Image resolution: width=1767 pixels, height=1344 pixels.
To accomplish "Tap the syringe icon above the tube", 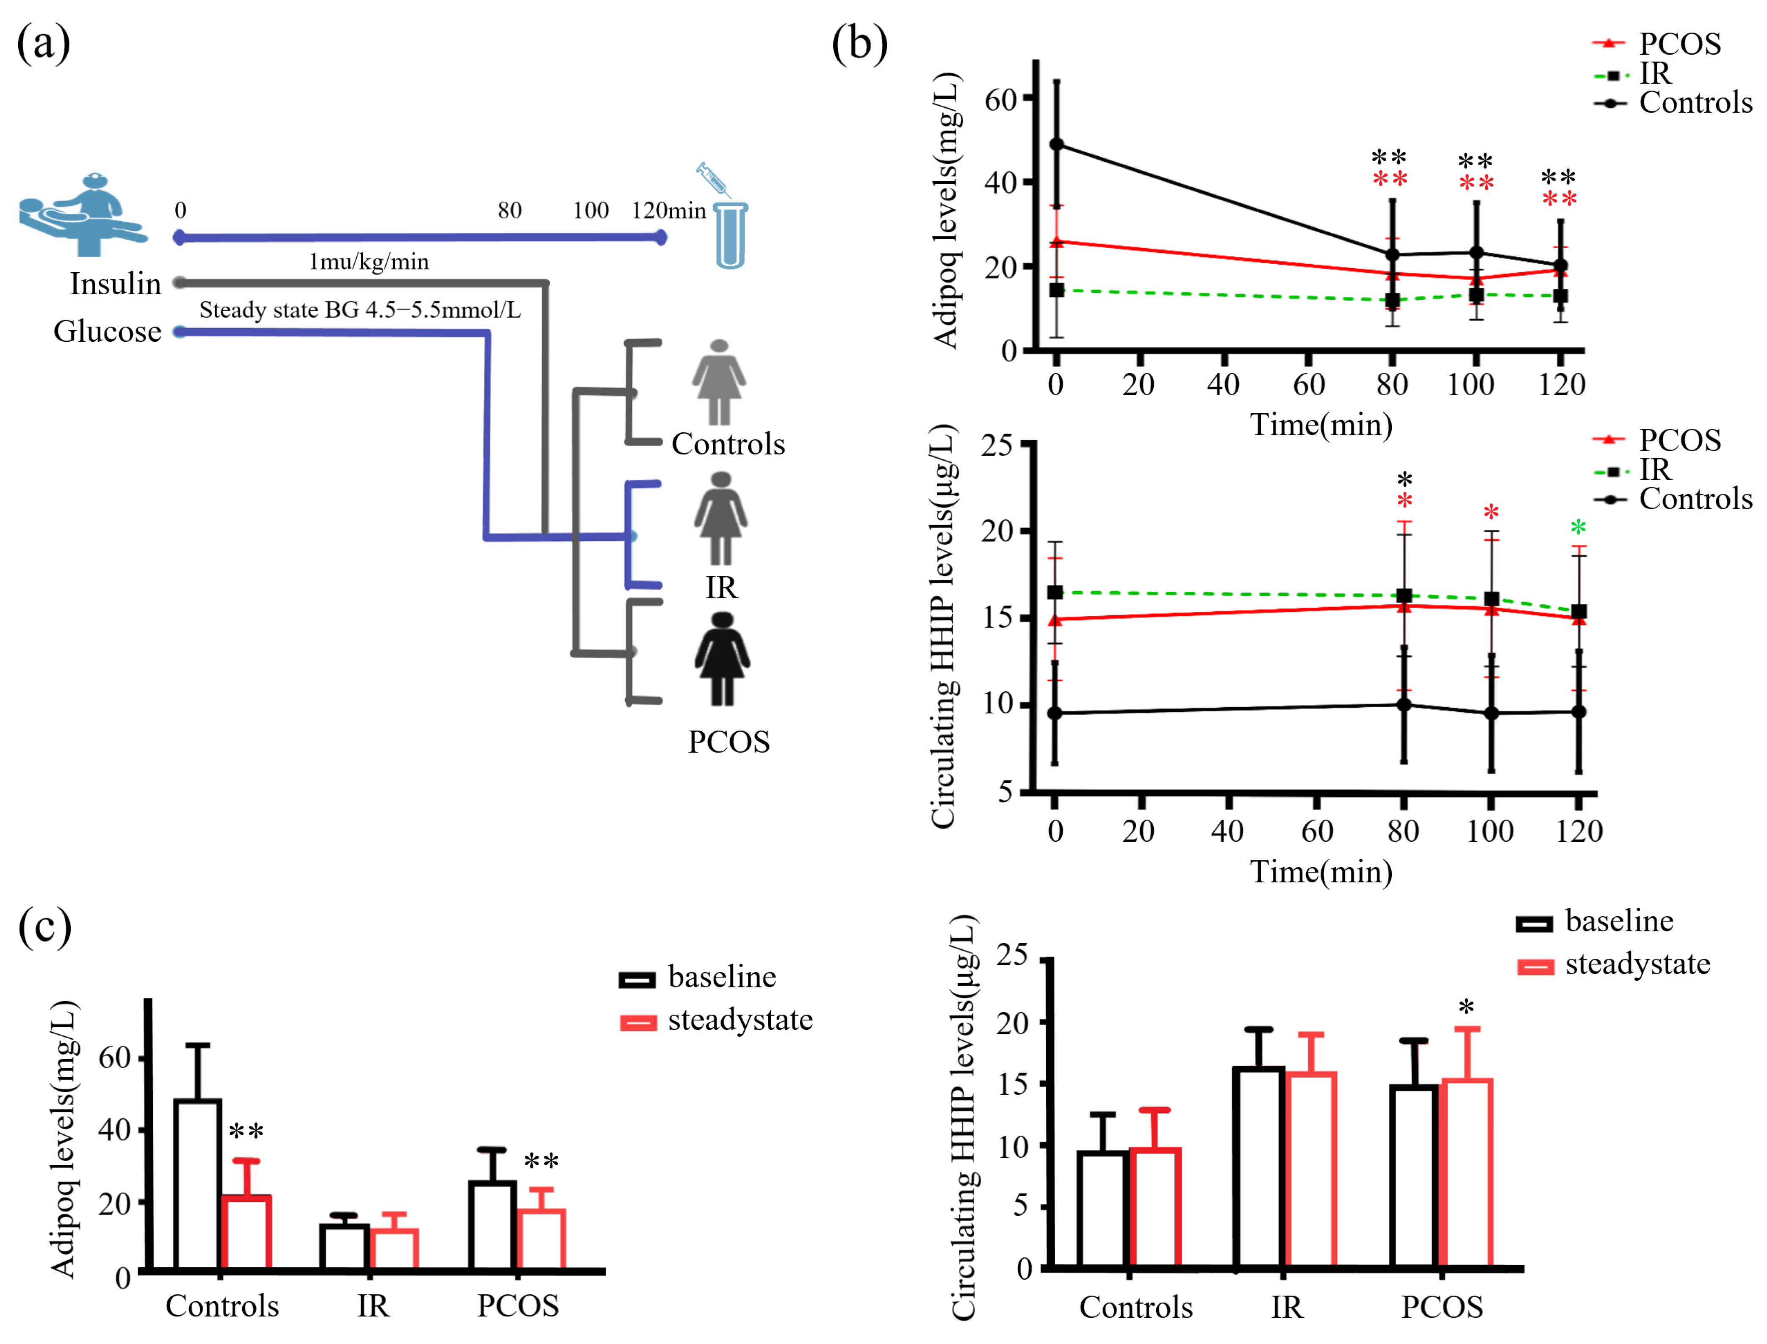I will tap(713, 180).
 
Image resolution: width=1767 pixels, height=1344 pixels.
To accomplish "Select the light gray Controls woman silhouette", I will tap(719, 382).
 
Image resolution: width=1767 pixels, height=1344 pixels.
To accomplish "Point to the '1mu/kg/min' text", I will tap(369, 262).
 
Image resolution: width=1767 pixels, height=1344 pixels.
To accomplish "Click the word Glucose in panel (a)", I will tap(107, 331).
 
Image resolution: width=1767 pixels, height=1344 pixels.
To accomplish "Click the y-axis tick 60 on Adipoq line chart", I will tap(1000, 99).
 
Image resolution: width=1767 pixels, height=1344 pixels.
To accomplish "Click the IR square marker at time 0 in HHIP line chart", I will tap(1055, 592).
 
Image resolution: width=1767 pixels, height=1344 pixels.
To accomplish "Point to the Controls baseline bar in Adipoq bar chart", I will tap(198, 1184).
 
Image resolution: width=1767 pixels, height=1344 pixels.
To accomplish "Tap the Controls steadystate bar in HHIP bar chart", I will tap(1155, 1208).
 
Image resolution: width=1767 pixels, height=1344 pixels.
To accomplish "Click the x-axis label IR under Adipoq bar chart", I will tap(373, 1305).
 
